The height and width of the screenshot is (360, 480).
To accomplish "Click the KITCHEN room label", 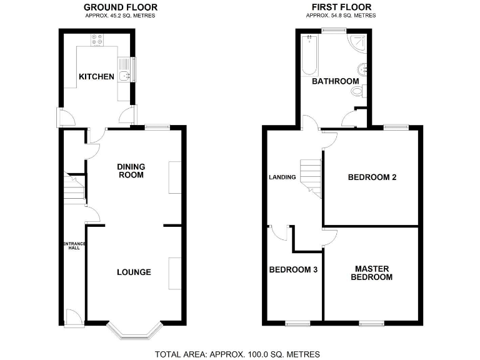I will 96,77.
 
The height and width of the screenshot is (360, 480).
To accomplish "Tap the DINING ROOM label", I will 131,171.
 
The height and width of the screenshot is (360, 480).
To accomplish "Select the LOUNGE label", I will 134,272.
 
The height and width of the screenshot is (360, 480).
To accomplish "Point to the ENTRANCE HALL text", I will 74,246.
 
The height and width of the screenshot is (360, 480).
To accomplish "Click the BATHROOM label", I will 335,81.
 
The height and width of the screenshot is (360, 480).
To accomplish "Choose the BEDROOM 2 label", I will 372,177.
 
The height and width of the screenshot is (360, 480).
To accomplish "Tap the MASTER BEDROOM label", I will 371,273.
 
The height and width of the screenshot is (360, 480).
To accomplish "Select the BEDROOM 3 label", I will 293,270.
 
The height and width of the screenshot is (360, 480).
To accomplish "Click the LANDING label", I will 282,177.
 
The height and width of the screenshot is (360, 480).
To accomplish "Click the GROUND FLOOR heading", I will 121,7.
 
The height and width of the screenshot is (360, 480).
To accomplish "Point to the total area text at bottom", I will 237,354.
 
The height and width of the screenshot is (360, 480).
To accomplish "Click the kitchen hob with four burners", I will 97,39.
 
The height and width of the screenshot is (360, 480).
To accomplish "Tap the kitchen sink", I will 126,70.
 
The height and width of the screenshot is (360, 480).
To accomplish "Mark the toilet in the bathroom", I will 357,91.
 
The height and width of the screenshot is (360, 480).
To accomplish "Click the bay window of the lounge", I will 134,331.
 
